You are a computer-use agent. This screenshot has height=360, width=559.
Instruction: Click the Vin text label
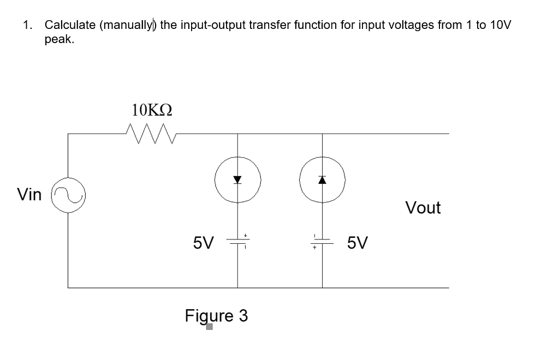29,194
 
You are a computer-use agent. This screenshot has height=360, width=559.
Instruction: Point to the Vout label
423,208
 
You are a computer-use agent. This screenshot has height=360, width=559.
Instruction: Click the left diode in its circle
237,179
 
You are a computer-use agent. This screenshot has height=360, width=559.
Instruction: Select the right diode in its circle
322,179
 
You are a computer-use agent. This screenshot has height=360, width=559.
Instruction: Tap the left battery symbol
237,242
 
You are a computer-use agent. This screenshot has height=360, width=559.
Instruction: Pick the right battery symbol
322,242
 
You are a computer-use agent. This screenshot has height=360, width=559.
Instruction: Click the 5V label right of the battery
358,242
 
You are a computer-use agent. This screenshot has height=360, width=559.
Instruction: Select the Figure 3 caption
216,316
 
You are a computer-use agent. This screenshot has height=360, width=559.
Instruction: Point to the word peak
58,40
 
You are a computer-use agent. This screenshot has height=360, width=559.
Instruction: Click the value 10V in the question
499,25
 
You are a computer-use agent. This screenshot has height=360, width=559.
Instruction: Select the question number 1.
27,25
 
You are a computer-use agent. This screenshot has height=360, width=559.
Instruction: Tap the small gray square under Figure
209,328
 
